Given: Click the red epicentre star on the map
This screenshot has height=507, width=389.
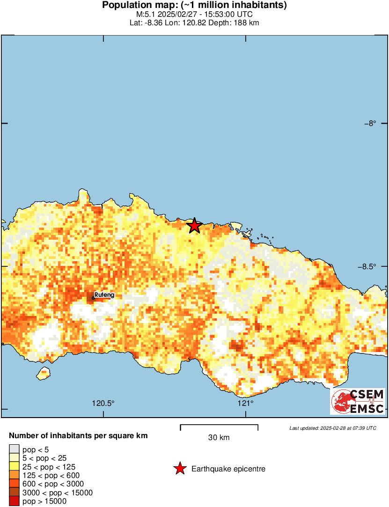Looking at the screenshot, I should [x=194, y=226].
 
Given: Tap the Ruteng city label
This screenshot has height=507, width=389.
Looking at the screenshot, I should [x=104, y=295].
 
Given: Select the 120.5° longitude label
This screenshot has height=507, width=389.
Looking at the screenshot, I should [x=103, y=403].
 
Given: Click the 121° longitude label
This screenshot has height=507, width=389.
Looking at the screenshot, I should [x=245, y=403].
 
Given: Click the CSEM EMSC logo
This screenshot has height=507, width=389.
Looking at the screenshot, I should [x=358, y=401].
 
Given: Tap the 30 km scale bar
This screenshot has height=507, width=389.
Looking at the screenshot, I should [x=219, y=426].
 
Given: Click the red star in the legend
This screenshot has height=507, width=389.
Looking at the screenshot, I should [x=180, y=469].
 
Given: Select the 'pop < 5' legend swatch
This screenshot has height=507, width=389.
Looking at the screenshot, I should [x=15, y=449].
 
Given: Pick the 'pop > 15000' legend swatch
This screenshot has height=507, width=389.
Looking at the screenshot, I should [x=15, y=501].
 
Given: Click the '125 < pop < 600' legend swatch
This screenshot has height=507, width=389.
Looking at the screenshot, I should [x=15, y=476].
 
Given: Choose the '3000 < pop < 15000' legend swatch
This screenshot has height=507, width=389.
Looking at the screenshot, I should [x=15, y=492].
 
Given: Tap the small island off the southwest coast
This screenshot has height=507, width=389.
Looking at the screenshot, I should [x=44, y=373].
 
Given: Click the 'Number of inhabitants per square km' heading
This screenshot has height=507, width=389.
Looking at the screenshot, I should [x=78, y=436].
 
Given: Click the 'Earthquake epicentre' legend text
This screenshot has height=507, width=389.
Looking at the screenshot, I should [x=228, y=469].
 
